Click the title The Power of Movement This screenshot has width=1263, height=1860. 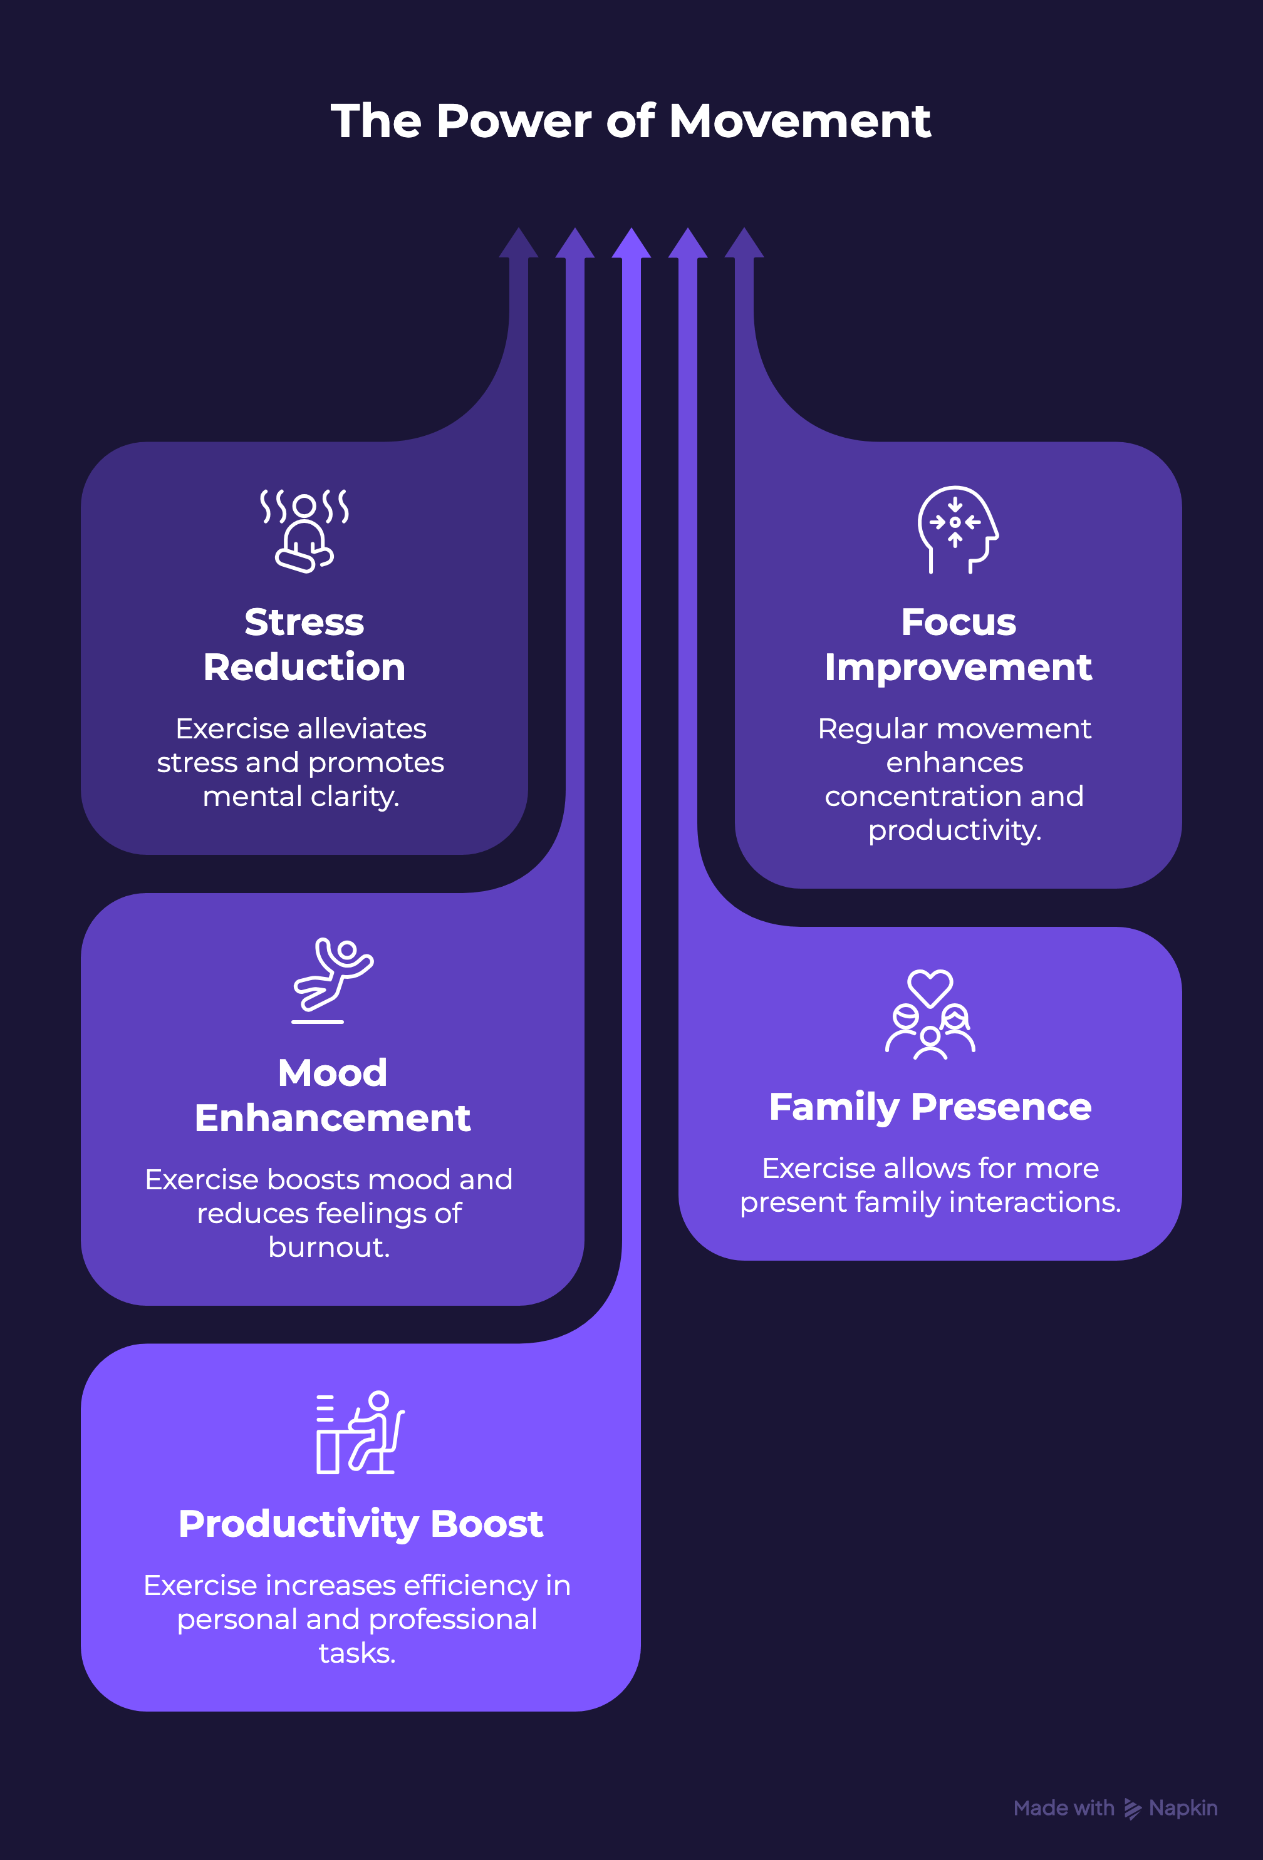point(631,121)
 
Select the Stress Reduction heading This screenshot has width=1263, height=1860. point(304,644)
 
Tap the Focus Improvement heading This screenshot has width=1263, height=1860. point(958,644)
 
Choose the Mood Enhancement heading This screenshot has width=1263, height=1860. point(332,1095)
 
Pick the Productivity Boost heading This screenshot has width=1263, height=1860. point(360,1524)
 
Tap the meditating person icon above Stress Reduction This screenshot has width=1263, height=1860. point(304,529)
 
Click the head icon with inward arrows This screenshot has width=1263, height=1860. point(958,529)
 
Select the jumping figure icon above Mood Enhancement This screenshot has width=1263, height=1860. point(332,981)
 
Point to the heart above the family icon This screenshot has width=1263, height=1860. point(930,988)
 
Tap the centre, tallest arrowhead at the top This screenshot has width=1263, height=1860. point(631,244)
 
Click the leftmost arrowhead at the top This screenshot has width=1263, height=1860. point(519,244)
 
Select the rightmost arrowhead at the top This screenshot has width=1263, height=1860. point(744,244)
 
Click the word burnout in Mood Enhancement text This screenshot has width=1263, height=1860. point(329,1247)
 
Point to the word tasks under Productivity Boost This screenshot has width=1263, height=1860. point(357,1653)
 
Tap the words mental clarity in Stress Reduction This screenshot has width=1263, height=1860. point(301,797)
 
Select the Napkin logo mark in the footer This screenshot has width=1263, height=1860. point(1133,1809)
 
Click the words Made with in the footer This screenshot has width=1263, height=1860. point(1064,1808)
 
